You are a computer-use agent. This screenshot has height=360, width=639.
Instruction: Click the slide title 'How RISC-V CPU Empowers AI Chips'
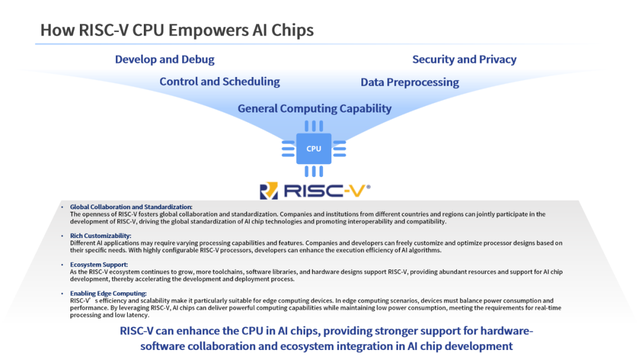177,30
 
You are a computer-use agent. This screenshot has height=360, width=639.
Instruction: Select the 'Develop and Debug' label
164,60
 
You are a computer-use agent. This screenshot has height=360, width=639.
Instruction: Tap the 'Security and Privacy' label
464,60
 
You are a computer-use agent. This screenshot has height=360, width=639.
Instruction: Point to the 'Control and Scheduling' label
220,82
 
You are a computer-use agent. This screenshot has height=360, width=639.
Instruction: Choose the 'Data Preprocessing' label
409,82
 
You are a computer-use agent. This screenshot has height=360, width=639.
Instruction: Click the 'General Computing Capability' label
315,108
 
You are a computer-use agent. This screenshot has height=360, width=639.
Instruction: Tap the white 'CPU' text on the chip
314,149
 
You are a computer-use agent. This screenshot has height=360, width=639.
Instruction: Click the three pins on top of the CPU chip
314,126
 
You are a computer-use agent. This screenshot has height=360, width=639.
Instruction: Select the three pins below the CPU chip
314,171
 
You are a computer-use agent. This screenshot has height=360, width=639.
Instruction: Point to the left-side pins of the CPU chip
288,149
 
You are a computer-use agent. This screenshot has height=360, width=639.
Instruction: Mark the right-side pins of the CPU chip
340,149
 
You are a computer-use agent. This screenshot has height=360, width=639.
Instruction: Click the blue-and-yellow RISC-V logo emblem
269,191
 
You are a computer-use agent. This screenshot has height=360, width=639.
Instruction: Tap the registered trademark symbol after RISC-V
369,187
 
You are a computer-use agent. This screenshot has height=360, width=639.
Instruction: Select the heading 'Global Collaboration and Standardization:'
131,207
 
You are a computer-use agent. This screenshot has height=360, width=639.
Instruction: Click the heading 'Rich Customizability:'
101,236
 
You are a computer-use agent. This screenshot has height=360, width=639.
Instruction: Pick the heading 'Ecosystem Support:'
99,265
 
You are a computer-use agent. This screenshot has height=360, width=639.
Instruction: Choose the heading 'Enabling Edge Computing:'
108,294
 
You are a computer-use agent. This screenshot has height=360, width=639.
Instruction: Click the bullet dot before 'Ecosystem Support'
62,265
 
